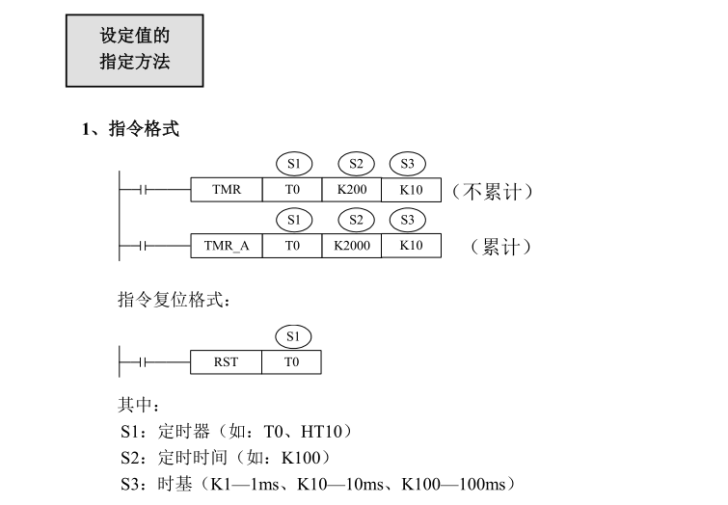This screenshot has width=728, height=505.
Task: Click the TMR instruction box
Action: pos(227,190)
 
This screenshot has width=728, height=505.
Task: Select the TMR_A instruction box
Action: pos(227,246)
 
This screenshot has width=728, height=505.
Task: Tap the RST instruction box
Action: pos(227,362)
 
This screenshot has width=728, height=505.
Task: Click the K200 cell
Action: pos(352,190)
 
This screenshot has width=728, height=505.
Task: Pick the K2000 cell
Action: pos(352,246)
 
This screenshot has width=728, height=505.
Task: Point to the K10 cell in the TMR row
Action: pos(411,190)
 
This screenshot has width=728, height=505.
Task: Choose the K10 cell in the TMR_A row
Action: pos(411,246)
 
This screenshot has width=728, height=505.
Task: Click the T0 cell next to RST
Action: pos(292,362)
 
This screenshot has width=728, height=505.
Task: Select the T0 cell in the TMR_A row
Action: pos(292,246)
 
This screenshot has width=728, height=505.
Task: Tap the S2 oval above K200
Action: pos(356,163)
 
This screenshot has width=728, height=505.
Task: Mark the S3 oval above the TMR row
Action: pos(407,163)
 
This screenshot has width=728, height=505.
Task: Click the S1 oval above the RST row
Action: pos(293,336)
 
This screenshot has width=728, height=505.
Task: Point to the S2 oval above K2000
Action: pos(356,220)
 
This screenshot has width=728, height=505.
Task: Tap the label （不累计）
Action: pos(492,191)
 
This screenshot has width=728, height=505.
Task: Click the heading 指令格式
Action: pos(143,130)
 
